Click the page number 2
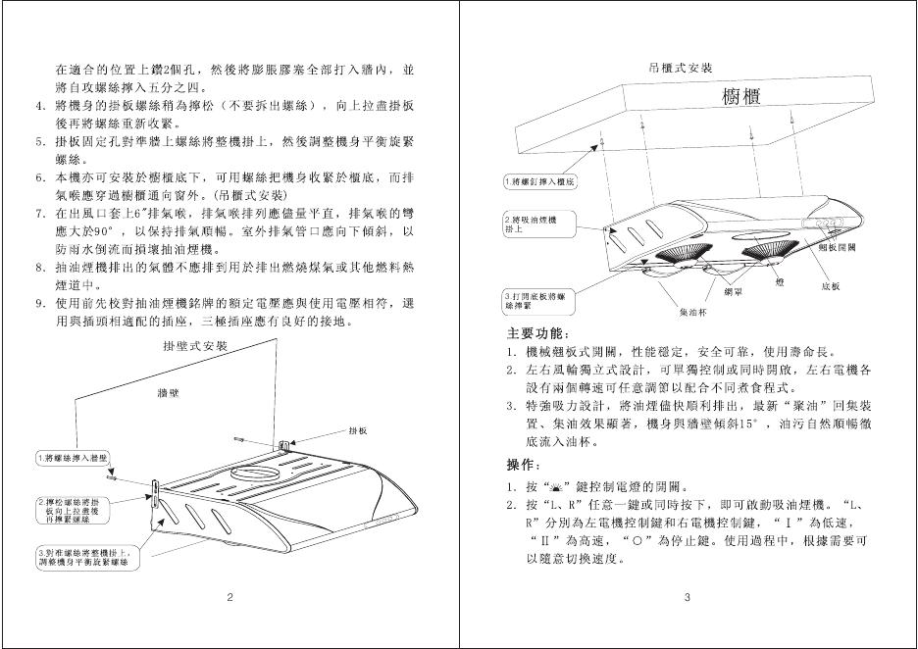(x=229, y=597)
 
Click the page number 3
(x=688, y=597)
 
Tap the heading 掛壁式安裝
(x=194, y=347)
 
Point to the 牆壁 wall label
(x=171, y=392)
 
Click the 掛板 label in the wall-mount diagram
(x=358, y=431)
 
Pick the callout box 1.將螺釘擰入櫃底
(x=540, y=182)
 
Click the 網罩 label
(x=733, y=292)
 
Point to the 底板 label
(x=829, y=286)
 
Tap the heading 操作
(x=521, y=463)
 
